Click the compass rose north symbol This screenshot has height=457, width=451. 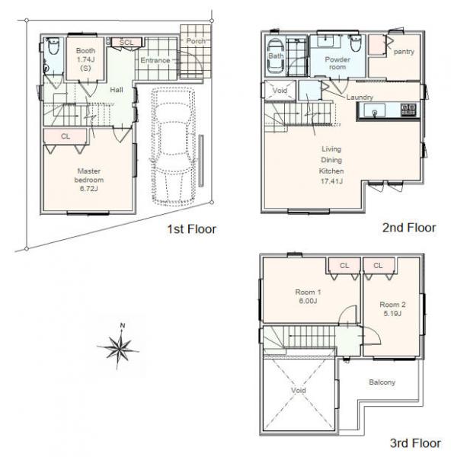118,347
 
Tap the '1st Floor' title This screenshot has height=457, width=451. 191,229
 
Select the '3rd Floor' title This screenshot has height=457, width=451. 415,443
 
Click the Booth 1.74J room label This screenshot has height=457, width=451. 85,59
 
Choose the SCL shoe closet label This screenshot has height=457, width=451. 126,42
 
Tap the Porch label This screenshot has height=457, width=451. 196,41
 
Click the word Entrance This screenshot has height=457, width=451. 155,60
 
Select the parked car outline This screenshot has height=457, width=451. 173,146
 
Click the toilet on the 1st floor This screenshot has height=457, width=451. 53,46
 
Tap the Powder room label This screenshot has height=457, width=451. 337,63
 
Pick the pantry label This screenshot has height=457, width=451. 404,52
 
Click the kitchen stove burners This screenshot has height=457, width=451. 408,110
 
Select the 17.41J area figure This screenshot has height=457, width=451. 331,181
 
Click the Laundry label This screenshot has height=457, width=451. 360,97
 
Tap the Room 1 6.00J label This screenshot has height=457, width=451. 308,296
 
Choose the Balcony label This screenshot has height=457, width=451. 382,382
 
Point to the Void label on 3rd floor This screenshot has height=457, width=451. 299,390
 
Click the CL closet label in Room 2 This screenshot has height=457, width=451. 378,265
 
